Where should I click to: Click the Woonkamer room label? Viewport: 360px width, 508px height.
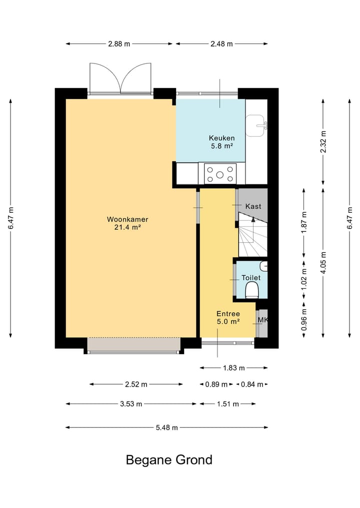(x=127, y=219)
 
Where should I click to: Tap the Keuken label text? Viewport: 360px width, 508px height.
(x=222, y=138)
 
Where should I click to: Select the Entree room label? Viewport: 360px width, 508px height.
(x=228, y=314)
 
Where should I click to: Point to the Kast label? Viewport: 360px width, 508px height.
(x=253, y=206)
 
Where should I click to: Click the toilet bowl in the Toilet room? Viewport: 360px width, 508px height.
(x=251, y=290)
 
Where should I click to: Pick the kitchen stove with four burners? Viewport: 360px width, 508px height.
(x=220, y=174)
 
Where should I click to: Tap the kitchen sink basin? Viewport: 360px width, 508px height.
(x=256, y=126)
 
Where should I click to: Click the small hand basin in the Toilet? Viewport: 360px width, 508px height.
(x=263, y=266)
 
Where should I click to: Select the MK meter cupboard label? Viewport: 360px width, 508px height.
(x=262, y=320)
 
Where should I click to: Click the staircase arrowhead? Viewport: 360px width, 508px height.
(x=253, y=219)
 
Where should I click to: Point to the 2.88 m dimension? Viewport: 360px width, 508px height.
(x=119, y=44)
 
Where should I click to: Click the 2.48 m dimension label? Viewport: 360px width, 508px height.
(x=221, y=44)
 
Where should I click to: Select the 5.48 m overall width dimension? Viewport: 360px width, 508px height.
(x=166, y=428)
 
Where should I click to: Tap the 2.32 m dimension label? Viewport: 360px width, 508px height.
(x=323, y=142)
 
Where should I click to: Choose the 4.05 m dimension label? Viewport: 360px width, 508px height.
(x=323, y=263)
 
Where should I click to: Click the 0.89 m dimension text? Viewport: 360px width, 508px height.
(x=216, y=385)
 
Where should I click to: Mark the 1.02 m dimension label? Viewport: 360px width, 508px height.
(x=304, y=279)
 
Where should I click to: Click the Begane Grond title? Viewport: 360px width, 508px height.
(x=169, y=460)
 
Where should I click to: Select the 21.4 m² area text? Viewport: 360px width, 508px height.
(x=127, y=227)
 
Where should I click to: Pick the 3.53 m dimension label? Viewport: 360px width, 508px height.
(x=131, y=404)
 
